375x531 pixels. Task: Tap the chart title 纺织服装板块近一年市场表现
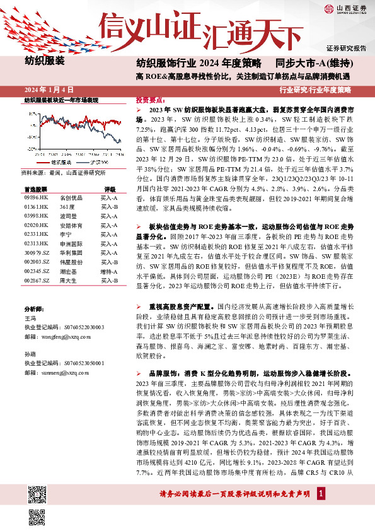click(x=61, y=100)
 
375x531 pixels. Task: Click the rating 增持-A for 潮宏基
click(x=109, y=271)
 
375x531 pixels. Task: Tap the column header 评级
click(x=110, y=189)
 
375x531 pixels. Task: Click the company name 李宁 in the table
click(x=65, y=233)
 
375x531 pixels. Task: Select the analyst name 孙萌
click(x=30, y=354)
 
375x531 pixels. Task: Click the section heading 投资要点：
click(x=151, y=100)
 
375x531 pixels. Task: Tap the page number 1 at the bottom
click(x=321, y=492)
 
